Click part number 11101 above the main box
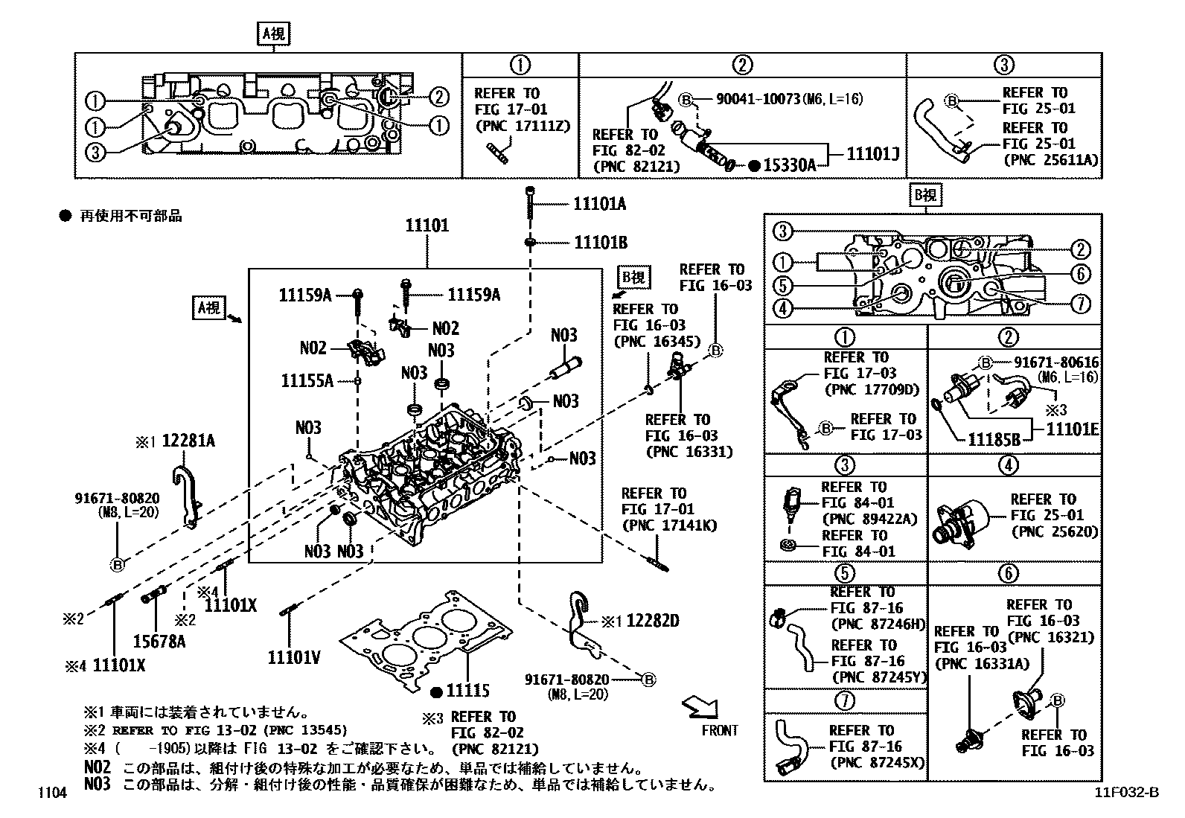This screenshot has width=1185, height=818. (427, 226)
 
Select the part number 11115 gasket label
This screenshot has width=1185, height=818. (467, 691)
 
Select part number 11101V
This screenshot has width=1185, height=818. (294, 657)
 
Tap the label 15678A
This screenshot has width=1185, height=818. (159, 640)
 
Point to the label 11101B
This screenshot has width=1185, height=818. (600, 243)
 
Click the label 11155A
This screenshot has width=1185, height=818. (307, 381)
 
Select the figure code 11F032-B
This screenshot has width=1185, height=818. (1126, 793)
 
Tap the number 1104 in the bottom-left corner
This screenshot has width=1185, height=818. (53, 793)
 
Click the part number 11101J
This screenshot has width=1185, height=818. (873, 155)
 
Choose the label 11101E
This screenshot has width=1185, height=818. (1073, 429)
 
